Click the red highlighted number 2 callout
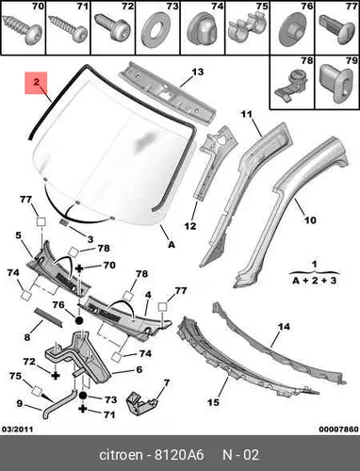pyautogui.click(x=36, y=83)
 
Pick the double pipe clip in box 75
pyautogui.click(x=247, y=27)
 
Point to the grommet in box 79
pyautogui.click(x=336, y=84)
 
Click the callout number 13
pyautogui.click(x=198, y=72)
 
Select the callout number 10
pyautogui.click(x=310, y=220)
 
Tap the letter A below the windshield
pyautogui.click(x=172, y=244)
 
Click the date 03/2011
pyautogui.click(x=18, y=429)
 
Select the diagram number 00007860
pyautogui.click(x=338, y=429)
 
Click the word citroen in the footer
pyautogui.click(x=121, y=455)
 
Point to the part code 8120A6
pyautogui.click(x=179, y=455)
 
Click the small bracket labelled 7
pyautogui.click(x=140, y=403)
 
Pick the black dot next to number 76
pyautogui.click(x=79, y=320)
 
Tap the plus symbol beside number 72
pyautogui.click(x=56, y=375)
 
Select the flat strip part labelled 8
pyautogui.click(x=48, y=317)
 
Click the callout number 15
pyautogui.click(x=213, y=402)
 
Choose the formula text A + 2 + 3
pyautogui.click(x=315, y=281)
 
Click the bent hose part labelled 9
pyautogui.click(x=59, y=404)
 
